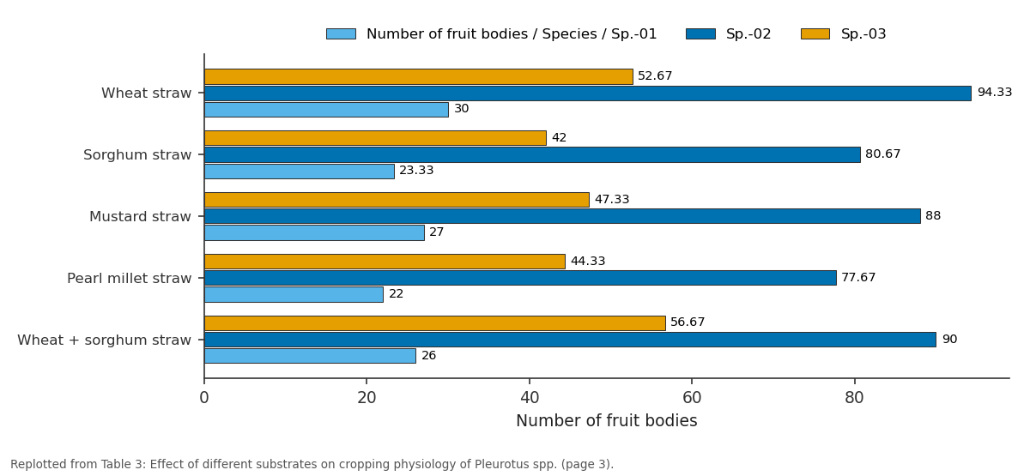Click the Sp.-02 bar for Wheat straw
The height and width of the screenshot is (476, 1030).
coord(588,93)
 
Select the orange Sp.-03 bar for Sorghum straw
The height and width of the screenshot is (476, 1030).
coord(375,138)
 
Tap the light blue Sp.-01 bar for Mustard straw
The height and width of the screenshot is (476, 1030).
coord(314,232)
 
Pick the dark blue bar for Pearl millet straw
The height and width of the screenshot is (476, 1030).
coord(520,278)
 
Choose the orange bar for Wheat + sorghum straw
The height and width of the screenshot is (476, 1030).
coord(434,323)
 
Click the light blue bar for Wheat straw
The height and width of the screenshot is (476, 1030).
coord(326,110)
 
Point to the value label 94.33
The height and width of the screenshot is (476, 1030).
coord(995,93)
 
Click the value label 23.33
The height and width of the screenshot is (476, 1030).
coord(416,171)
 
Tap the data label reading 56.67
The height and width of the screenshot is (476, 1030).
coord(688,322)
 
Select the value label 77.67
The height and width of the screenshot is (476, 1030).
coord(858,278)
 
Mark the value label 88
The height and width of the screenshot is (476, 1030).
coord(933,215)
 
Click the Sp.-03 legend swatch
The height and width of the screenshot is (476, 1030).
coord(815,34)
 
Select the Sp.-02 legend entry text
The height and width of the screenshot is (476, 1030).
coord(748,34)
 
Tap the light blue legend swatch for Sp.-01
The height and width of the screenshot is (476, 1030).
coord(342,34)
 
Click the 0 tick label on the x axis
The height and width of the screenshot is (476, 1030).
coord(204,397)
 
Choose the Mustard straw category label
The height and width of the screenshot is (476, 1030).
coord(140,216)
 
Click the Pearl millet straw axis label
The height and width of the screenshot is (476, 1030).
coord(130,278)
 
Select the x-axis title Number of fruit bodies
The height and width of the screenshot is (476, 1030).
coord(607,420)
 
